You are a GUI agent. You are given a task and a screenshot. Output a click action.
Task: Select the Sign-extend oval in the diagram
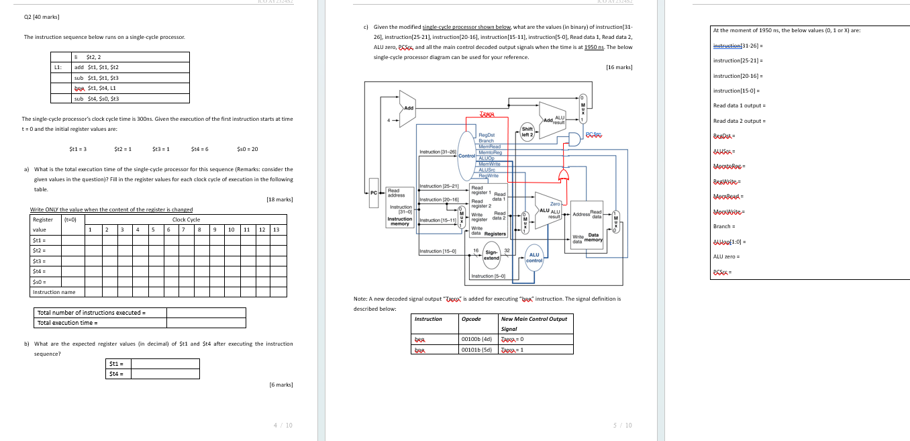(x=492, y=255)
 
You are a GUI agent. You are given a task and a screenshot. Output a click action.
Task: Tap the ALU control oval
(x=534, y=257)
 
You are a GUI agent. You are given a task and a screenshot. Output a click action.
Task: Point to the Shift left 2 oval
(x=527, y=132)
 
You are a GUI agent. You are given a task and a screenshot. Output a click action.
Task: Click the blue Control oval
(x=466, y=155)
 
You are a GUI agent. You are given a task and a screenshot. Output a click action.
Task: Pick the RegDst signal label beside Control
(x=487, y=135)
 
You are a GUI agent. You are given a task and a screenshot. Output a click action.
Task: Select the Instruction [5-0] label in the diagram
(x=487, y=276)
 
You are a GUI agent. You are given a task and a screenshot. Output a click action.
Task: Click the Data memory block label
(x=593, y=238)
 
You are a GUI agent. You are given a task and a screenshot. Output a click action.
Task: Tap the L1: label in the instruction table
(x=59, y=67)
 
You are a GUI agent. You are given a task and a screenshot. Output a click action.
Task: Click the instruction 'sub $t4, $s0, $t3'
(x=97, y=99)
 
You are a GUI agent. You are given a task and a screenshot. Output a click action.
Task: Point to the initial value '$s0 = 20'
(x=247, y=148)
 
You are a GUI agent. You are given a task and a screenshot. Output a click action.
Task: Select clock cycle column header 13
(x=276, y=230)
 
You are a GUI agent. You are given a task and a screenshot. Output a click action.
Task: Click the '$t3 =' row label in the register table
(x=40, y=260)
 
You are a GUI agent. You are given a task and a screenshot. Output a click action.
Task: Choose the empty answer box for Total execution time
(x=205, y=323)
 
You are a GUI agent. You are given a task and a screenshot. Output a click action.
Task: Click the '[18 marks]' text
(x=279, y=199)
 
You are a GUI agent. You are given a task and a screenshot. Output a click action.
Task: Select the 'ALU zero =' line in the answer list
(x=726, y=256)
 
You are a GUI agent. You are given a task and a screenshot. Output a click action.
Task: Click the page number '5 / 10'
(x=623, y=425)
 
